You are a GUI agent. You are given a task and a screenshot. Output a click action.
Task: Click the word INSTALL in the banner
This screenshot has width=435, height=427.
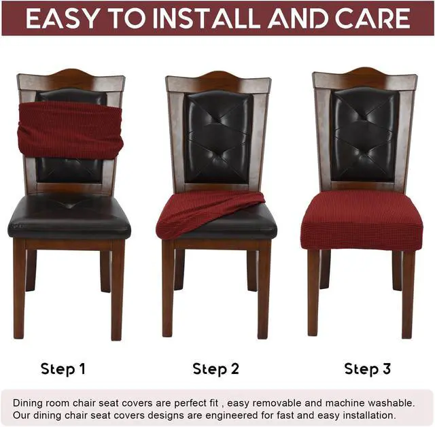point(197,19)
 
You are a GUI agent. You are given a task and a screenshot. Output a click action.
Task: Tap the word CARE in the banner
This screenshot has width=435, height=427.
point(373,19)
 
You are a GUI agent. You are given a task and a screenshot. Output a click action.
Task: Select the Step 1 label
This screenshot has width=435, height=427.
point(63,369)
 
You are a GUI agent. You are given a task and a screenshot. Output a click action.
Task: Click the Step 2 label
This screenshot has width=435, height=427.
point(215,369)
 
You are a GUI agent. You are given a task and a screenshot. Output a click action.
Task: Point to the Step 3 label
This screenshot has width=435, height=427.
point(368,369)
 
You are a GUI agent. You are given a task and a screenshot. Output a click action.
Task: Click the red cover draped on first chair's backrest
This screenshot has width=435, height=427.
point(70,129)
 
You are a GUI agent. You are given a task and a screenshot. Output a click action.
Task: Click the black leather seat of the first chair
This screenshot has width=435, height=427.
point(69,218)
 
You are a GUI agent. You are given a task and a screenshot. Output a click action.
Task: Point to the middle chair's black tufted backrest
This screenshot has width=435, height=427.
point(218,136)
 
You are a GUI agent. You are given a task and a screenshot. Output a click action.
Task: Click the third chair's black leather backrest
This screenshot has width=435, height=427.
point(364,133)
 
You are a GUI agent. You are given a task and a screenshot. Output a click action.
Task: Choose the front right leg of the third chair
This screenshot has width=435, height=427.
point(408,292)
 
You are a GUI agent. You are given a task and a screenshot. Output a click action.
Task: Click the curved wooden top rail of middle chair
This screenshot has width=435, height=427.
point(218,81)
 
